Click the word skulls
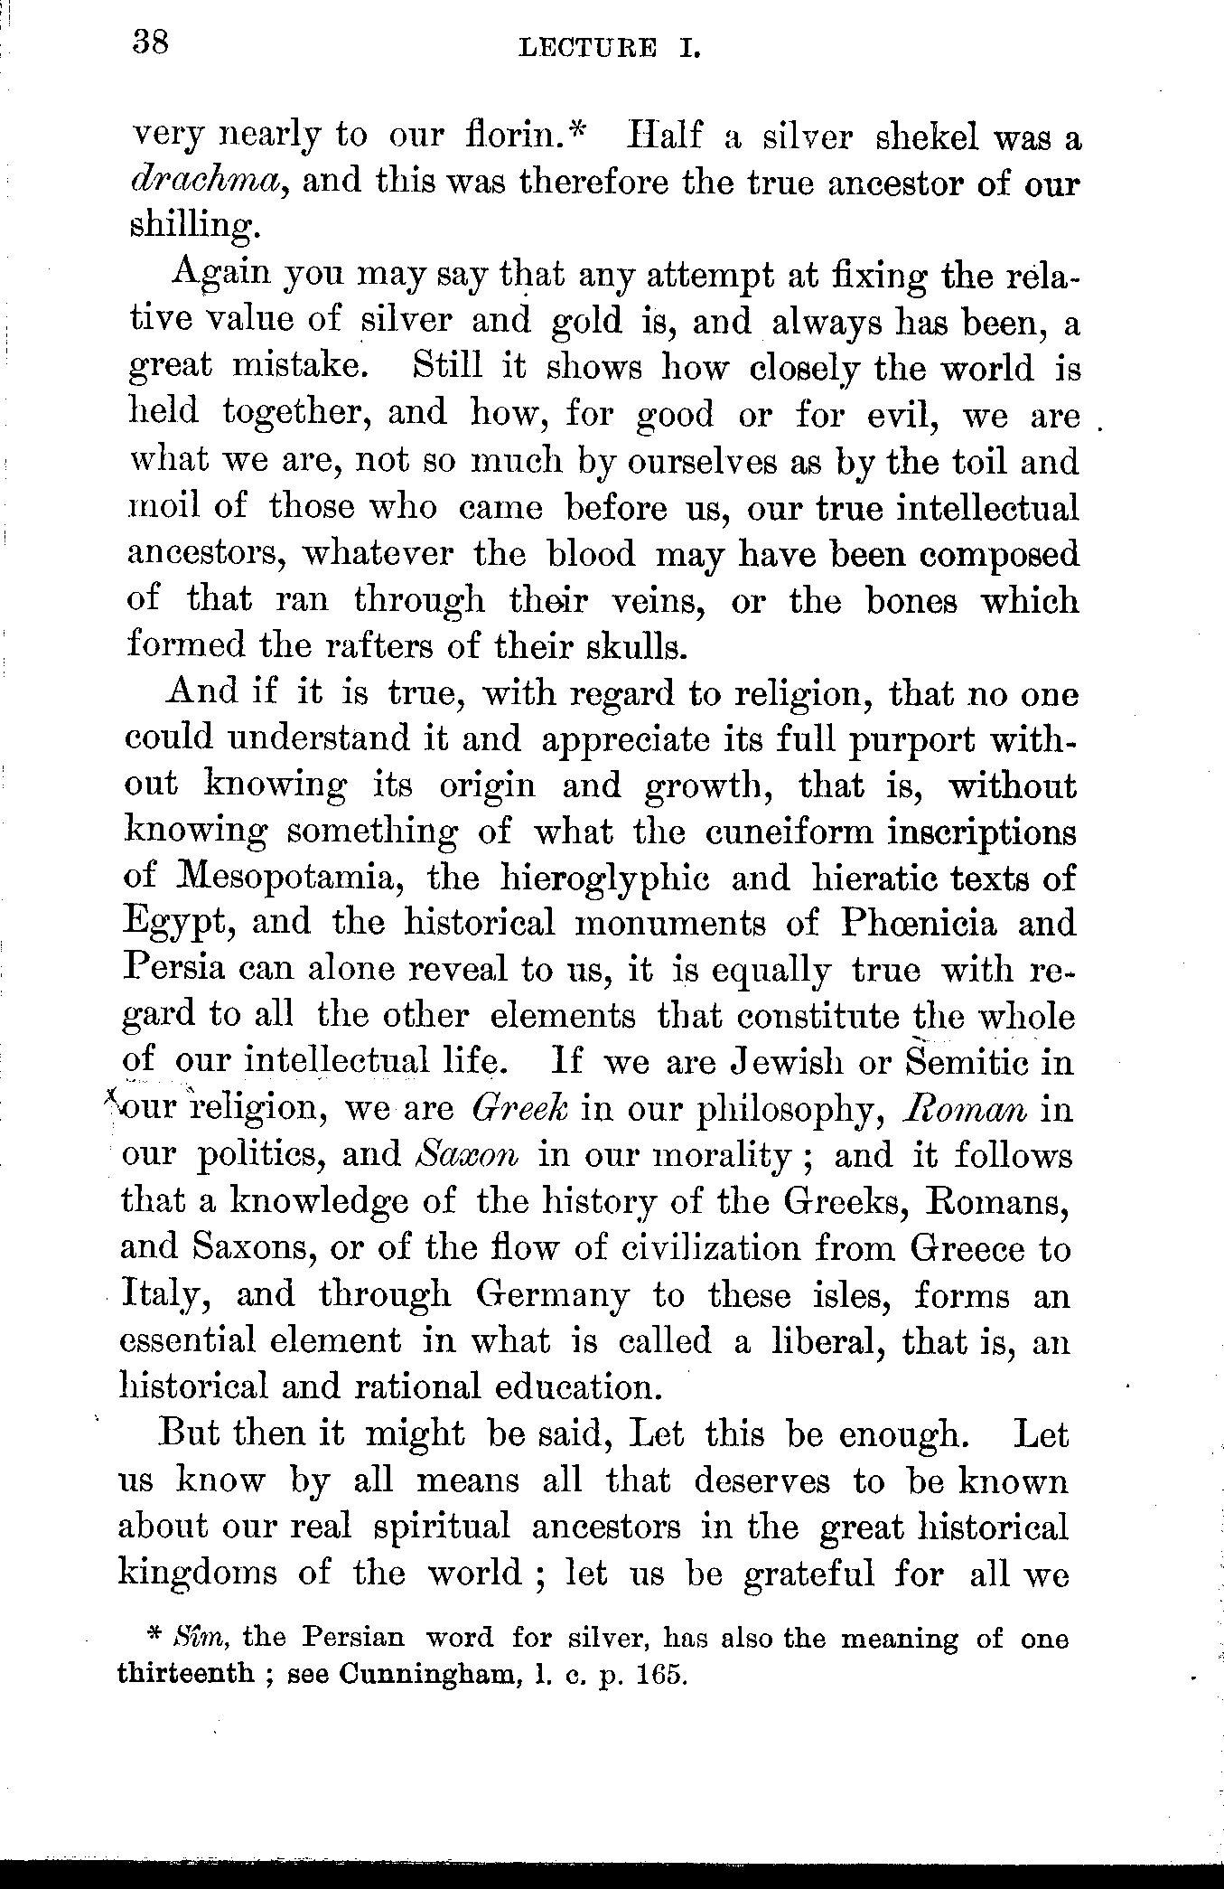pyautogui.click(x=640, y=645)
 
